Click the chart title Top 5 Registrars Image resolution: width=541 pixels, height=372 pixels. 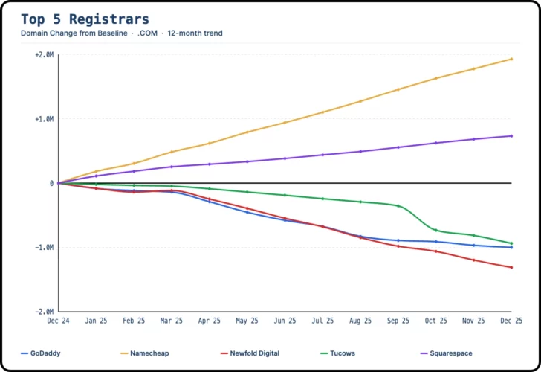tap(85, 19)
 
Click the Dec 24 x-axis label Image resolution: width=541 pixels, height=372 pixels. tap(59, 321)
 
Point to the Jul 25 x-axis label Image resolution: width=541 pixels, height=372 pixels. tap(323, 321)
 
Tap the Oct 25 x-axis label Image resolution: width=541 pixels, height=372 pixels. tap(435, 321)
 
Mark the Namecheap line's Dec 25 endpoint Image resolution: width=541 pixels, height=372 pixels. tap(511, 59)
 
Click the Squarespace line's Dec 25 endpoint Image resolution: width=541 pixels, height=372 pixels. tap(511, 135)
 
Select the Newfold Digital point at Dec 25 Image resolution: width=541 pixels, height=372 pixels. tap(511, 267)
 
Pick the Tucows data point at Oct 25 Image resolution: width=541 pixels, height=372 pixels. tap(435, 230)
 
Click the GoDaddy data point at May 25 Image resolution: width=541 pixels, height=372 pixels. tap(247, 212)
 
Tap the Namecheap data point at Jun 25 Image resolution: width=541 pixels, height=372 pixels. tap(285, 122)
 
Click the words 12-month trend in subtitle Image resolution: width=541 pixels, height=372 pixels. tap(195, 33)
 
